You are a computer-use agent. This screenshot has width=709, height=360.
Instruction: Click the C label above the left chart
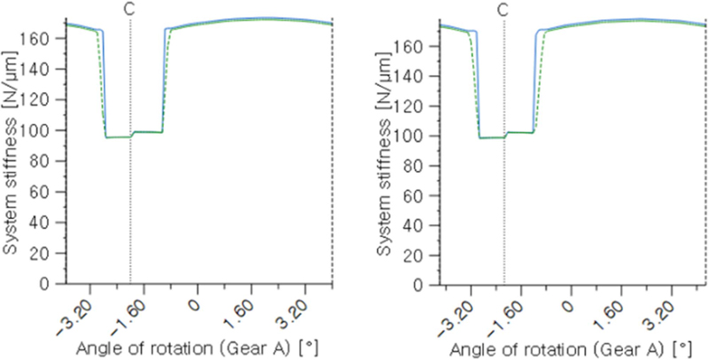tap(130, 10)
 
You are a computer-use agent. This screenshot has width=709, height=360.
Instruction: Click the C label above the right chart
tap(504, 10)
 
